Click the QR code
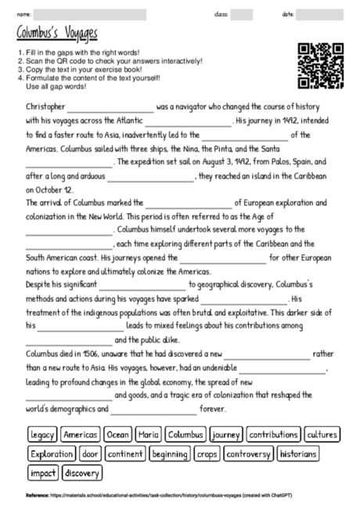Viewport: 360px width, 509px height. tap(321, 66)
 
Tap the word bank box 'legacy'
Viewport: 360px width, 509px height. tap(42, 434)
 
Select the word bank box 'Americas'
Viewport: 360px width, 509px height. tap(80, 434)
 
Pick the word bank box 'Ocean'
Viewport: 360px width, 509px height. tap(117, 434)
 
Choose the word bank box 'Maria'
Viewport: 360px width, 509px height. tap(148, 434)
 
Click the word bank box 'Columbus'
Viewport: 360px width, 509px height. tap(185, 434)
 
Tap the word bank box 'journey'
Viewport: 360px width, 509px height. tap(226, 434)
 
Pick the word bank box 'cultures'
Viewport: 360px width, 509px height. tap(322, 434)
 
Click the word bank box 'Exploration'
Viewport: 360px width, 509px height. tap(52, 453)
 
